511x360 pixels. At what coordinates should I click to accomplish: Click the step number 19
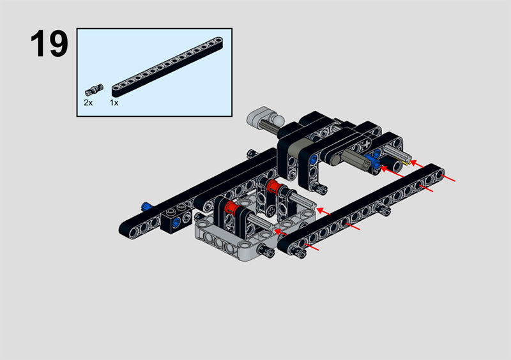pos(49,43)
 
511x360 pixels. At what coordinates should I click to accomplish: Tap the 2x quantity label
pos(88,103)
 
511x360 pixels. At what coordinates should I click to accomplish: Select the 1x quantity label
pos(114,103)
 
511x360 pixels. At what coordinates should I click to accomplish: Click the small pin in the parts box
pos(94,89)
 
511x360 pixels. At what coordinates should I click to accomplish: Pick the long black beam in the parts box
pos(167,67)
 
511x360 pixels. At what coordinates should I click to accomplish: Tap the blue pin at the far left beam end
pos(147,206)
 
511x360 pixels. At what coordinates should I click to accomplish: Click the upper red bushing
pos(273,186)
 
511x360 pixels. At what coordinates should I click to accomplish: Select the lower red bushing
pos(232,207)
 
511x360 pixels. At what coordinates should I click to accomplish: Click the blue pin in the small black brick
pos(176,223)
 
